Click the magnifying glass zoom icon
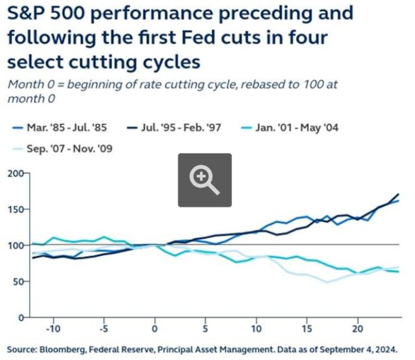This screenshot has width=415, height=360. (205, 180)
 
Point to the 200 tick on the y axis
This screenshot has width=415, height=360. (17, 173)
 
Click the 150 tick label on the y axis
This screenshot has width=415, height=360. (17, 209)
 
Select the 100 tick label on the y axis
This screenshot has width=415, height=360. (17, 245)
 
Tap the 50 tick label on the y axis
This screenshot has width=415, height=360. (19, 281)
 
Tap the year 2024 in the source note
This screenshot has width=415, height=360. (389, 349)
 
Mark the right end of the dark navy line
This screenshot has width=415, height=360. (399, 194)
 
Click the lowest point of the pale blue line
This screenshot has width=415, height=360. (327, 282)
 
